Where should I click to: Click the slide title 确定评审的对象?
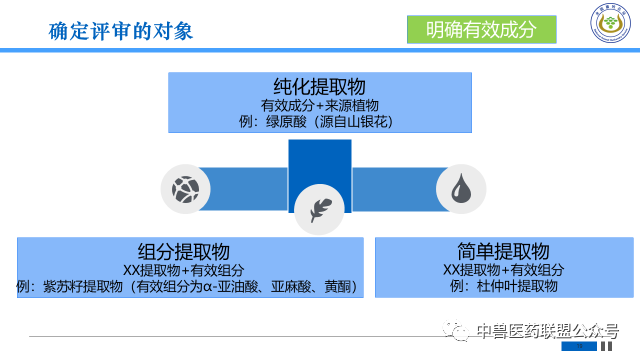click(121, 30)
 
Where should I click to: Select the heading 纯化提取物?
click(318, 86)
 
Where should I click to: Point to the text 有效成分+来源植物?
click(319, 104)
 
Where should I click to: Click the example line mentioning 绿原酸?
click(319, 121)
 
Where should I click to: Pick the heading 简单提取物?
click(503, 251)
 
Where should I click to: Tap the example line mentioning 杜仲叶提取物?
click(503, 287)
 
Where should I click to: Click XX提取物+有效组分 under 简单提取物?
click(503, 270)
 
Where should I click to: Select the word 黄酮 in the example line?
click(337, 287)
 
